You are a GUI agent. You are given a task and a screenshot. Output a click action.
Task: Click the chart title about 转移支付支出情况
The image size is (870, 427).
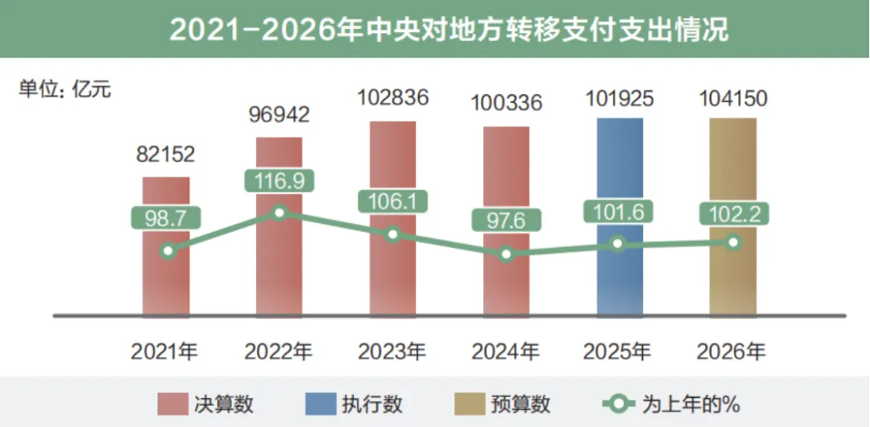[449, 30]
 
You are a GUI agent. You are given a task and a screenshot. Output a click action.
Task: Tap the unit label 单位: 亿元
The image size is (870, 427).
[65, 89]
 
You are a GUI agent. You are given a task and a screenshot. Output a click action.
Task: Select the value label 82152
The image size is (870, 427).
[165, 154]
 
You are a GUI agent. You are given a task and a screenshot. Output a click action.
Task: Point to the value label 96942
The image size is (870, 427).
[278, 114]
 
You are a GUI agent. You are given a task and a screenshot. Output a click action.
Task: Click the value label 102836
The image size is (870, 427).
[392, 98]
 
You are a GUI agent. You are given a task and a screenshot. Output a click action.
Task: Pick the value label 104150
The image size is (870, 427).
[732, 98]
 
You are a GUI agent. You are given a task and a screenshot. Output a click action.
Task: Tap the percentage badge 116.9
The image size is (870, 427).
[279, 180]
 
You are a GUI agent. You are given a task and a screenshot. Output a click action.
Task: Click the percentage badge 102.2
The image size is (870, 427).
[733, 213]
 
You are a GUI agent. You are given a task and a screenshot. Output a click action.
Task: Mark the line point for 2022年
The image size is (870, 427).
[279, 213]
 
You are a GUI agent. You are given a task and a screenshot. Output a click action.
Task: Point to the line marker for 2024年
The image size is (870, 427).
[506, 254]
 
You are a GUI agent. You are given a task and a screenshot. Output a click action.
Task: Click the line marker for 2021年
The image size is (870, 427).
[166, 251]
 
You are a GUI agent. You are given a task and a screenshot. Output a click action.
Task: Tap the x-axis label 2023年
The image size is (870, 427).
[392, 351]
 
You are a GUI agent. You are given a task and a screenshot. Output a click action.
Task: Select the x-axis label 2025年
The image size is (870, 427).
[619, 351]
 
